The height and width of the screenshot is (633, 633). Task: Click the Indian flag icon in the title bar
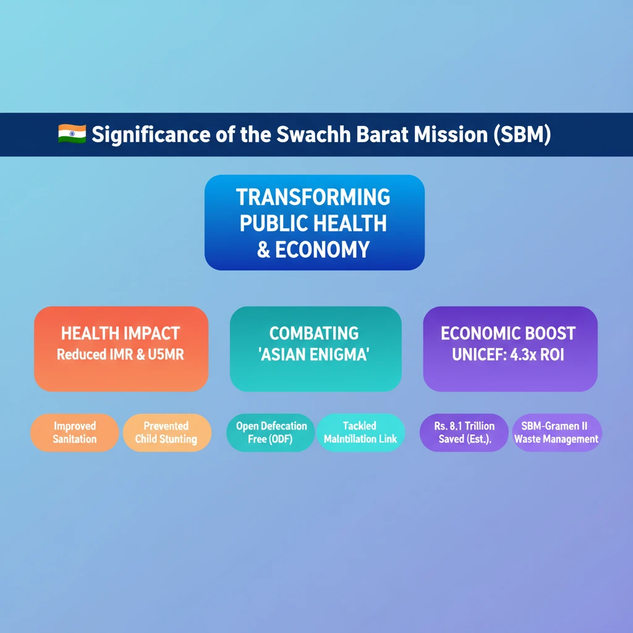(x=72, y=134)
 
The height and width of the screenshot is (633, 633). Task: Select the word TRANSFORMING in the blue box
(x=313, y=197)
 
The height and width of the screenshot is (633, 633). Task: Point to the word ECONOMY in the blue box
(x=322, y=250)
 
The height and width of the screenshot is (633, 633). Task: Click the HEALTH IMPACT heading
(x=121, y=333)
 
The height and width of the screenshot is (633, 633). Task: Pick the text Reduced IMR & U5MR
(x=121, y=354)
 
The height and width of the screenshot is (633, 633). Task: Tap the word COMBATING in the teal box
(x=314, y=333)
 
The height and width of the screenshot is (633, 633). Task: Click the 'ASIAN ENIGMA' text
(x=313, y=354)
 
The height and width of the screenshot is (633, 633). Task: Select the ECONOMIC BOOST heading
(x=508, y=333)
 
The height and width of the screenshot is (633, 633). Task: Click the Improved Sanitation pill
(x=75, y=432)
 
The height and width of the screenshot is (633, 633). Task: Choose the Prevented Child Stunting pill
(x=167, y=432)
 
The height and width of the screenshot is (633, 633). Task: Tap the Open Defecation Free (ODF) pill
(x=271, y=432)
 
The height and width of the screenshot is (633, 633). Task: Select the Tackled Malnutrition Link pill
(x=360, y=432)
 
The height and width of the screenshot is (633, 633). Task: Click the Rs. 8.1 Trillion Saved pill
(x=464, y=432)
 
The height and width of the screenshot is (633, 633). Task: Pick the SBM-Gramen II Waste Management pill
(x=557, y=432)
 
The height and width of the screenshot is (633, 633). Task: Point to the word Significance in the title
(x=151, y=134)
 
